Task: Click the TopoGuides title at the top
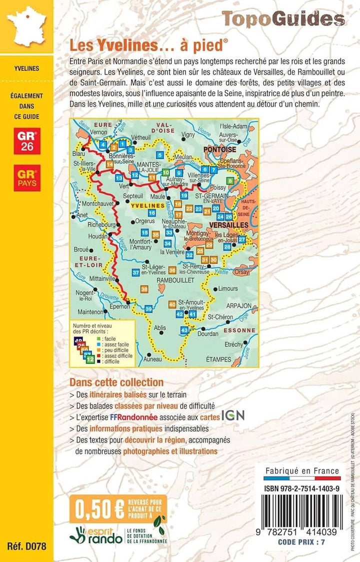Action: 283,19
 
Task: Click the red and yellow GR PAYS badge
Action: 28,177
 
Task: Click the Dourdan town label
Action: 207,333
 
